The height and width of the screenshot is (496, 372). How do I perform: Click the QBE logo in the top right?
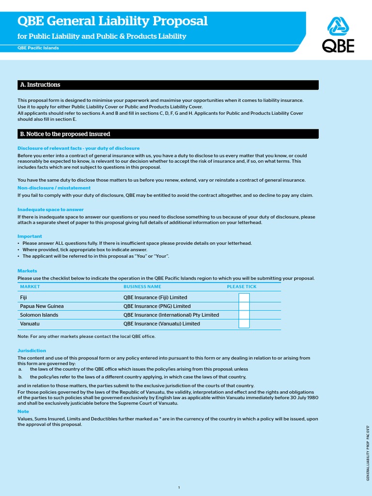[x=339, y=34]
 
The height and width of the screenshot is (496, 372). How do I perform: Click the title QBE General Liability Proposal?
[x=112, y=21]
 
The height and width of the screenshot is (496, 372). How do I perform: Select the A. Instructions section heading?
[x=40, y=85]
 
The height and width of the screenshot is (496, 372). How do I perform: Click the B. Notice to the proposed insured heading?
[x=65, y=134]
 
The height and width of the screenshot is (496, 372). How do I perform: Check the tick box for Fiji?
[x=244, y=297]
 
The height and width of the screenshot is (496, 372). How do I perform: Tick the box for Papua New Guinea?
[x=244, y=306]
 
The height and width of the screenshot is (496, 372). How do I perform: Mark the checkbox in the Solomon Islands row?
[x=244, y=315]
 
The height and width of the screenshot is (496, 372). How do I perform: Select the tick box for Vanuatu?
[x=244, y=324]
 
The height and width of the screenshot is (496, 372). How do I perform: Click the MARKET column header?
[x=30, y=287]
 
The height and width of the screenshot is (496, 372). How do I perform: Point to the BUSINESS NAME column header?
[x=142, y=287]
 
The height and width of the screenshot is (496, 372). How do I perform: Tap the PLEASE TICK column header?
[x=242, y=287]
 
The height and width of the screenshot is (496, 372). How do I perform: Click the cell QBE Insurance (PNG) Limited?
[x=157, y=306]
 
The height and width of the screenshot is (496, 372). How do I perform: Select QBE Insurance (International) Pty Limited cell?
[x=171, y=315]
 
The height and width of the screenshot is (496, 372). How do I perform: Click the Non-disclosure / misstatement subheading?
[x=54, y=187]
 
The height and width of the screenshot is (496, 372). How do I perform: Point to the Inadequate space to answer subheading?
[x=50, y=209]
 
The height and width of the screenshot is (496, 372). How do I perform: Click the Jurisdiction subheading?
[x=32, y=350]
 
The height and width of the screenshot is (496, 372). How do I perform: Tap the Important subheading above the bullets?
[x=30, y=236]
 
